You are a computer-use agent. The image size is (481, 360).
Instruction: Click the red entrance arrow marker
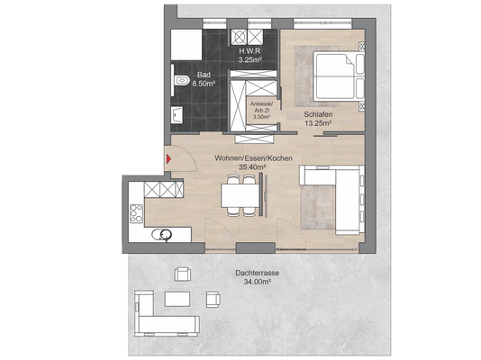(x=168, y=158)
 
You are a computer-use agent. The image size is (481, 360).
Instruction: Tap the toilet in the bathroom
(x=181, y=81)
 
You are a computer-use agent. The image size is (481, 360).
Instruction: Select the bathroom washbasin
(x=177, y=115)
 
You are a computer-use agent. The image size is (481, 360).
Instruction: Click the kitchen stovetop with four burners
(x=136, y=213)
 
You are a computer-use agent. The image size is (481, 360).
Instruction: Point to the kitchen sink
(x=162, y=235)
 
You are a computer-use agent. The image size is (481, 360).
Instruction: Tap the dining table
(x=240, y=196)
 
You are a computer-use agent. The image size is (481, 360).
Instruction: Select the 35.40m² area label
(x=252, y=167)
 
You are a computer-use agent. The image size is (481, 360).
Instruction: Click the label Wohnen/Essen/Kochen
(x=253, y=158)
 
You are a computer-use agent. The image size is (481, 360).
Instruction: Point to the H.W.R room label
(x=250, y=51)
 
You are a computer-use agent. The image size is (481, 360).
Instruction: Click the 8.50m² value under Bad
(x=204, y=84)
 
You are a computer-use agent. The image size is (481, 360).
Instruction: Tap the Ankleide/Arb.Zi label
(x=261, y=107)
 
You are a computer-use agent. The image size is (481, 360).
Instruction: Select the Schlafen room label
(x=318, y=114)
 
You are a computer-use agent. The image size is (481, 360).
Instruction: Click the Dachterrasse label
(x=257, y=273)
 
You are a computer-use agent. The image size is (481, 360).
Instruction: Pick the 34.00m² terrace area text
(x=257, y=282)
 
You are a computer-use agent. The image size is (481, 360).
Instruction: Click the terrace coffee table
(x=177, y=299)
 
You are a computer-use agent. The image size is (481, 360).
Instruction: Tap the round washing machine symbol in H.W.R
(x=239, y=37)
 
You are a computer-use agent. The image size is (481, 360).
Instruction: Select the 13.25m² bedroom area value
(x=318, y=123)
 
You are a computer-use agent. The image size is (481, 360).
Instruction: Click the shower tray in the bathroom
(x=186, y=45)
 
